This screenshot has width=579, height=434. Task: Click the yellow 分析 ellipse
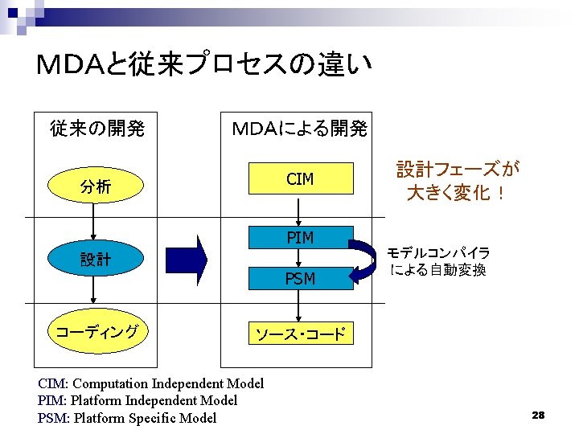95,187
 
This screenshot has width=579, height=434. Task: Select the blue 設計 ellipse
95,260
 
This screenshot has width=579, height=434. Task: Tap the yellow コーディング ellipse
95,332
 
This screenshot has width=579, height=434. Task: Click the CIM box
299,178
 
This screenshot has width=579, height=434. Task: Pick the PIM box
299,237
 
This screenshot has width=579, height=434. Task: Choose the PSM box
299,278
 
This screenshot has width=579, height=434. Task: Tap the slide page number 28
538,415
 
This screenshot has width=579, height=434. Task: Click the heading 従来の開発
96,128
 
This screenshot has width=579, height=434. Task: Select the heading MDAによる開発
299,128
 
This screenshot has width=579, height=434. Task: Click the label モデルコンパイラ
439,252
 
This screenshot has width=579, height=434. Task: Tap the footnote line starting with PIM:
138,400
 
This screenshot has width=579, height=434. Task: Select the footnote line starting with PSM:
127,418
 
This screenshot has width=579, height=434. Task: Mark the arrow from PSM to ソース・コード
299,306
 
